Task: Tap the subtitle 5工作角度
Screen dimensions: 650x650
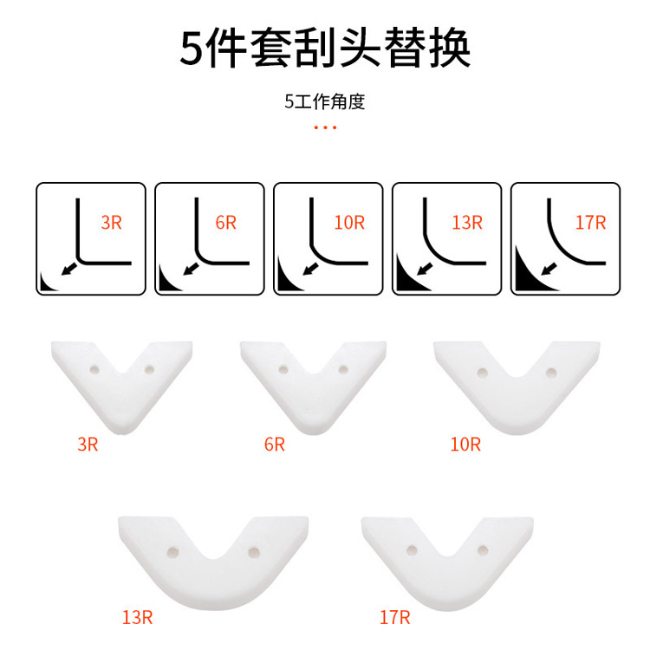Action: click(325, 101)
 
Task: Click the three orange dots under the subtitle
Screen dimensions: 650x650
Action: click(325, 128)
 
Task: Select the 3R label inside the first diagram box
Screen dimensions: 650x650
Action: click(112, 222)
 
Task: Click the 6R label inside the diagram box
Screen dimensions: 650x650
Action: click(226, 222)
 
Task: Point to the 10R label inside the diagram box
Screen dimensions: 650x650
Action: click(349, 222)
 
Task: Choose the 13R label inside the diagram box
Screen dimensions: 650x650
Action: click(466, 222)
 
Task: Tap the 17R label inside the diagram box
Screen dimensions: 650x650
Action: click(589, 222)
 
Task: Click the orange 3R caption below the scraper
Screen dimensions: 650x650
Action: click(88, 445)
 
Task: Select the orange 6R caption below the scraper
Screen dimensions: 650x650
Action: click(274, 445)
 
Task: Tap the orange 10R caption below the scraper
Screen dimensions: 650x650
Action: click(465, 445)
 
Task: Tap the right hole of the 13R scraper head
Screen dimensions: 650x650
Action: click(253, 551)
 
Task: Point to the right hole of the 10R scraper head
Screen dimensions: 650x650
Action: click(549, 374)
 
